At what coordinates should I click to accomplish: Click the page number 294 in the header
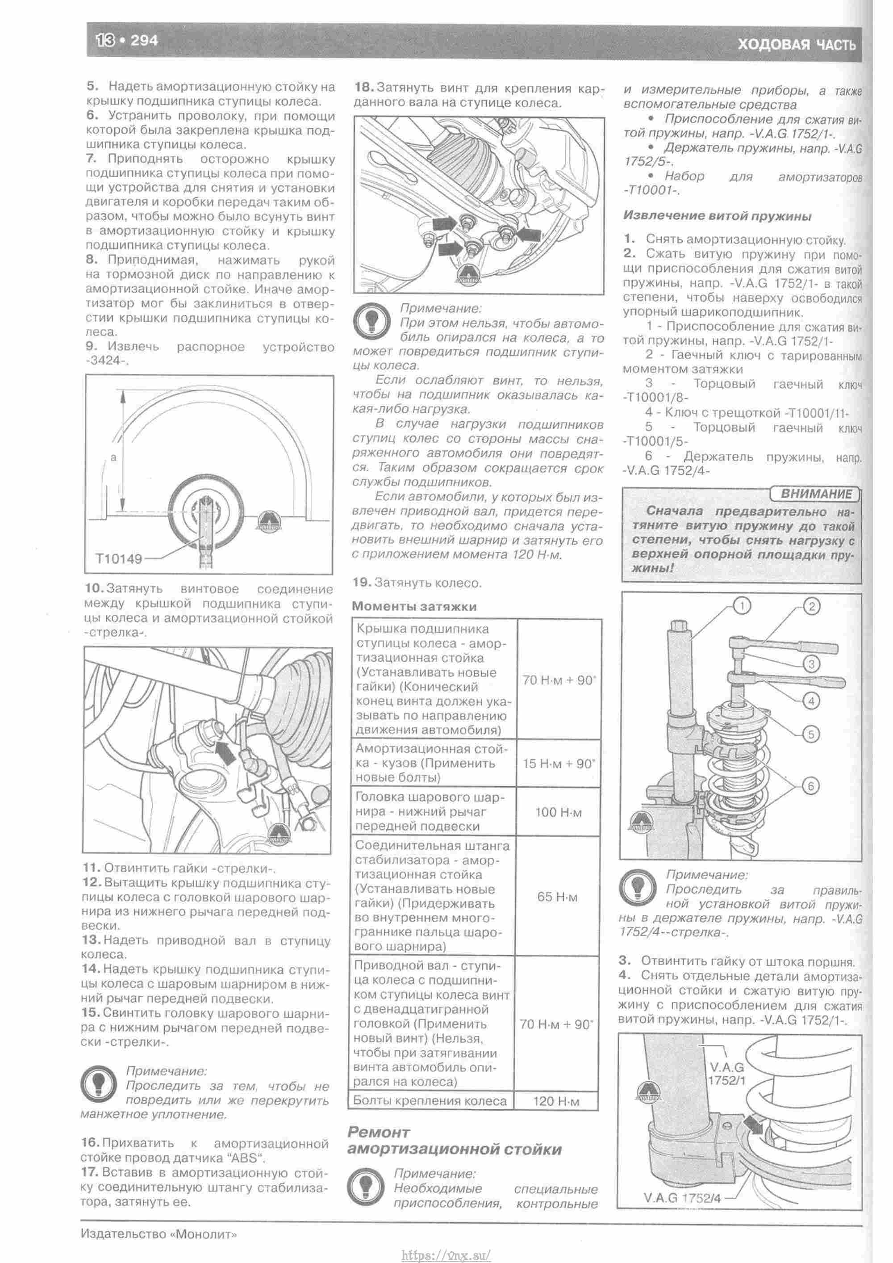[x=145, y=40]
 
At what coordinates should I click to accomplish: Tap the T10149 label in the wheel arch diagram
[x=118, y=559]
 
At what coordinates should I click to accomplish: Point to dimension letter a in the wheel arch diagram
[x=114, y=457]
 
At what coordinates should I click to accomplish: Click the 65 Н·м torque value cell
[x=558, y=897]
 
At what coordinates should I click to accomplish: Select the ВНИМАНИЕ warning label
[x=816, y=493]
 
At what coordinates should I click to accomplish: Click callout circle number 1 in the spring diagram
[x=741, y=606]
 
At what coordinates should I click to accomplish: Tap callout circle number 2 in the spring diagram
[x=812, y=607]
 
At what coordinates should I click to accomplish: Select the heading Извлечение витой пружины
[x=718, y=216]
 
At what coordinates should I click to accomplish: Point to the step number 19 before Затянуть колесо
[x=361, y=583]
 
